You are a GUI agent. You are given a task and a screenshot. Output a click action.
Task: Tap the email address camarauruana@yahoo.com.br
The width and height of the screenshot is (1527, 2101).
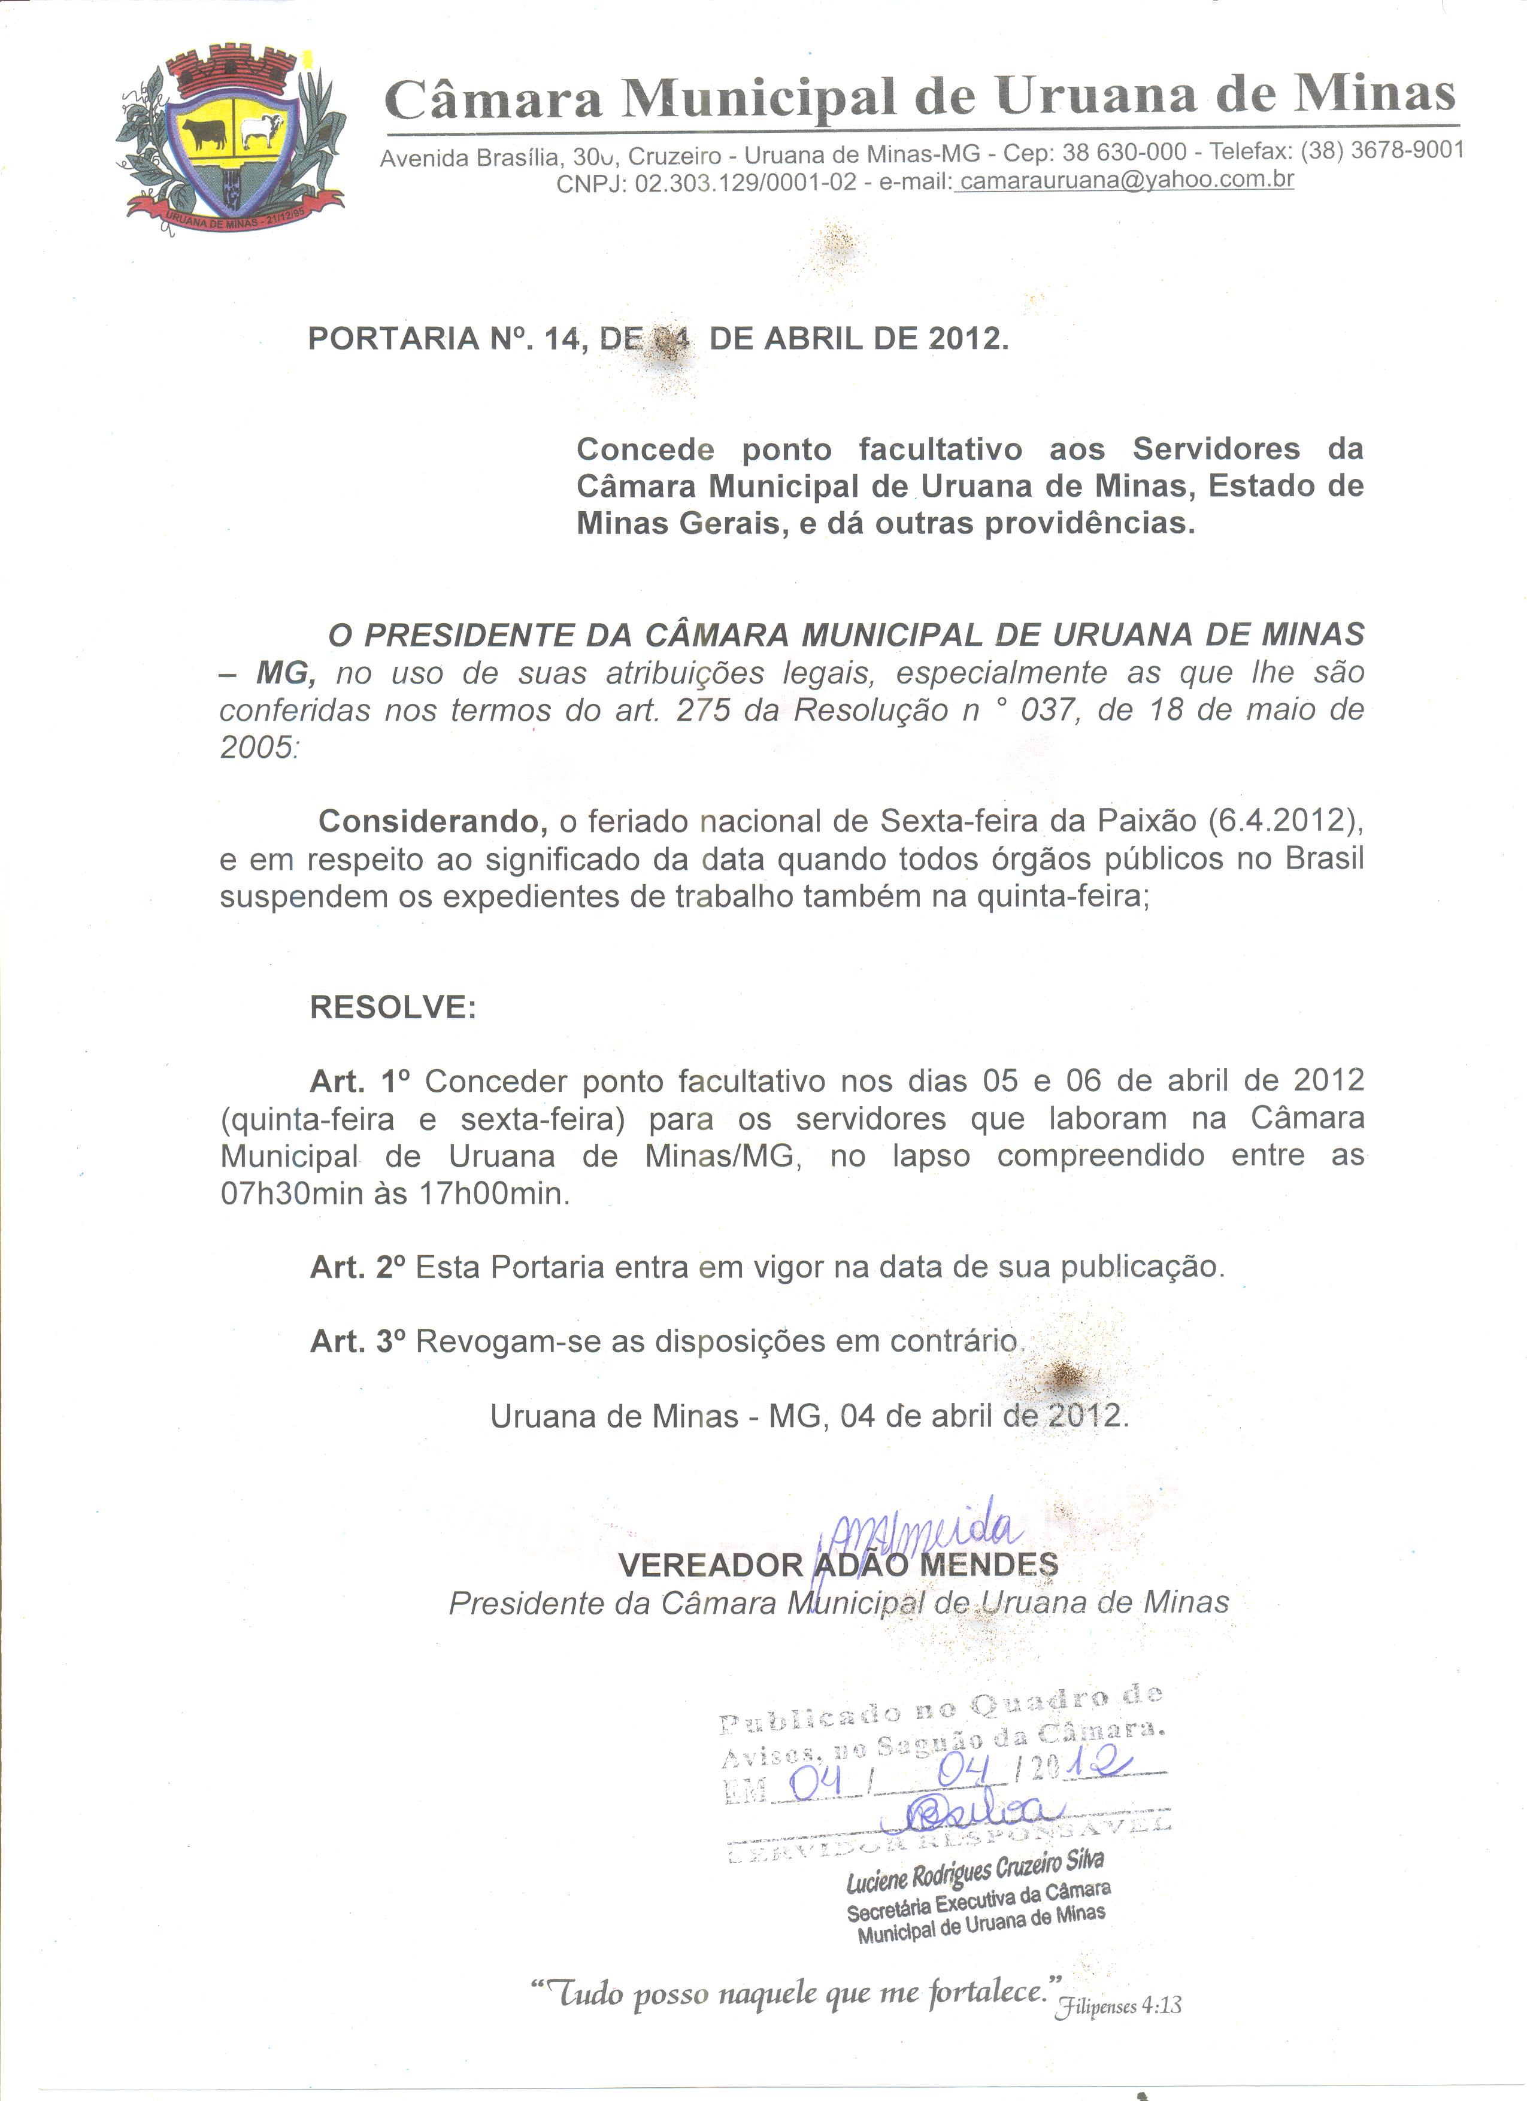point(1126,180)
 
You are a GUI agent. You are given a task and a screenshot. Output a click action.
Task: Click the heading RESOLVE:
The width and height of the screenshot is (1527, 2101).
point(393,1006)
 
